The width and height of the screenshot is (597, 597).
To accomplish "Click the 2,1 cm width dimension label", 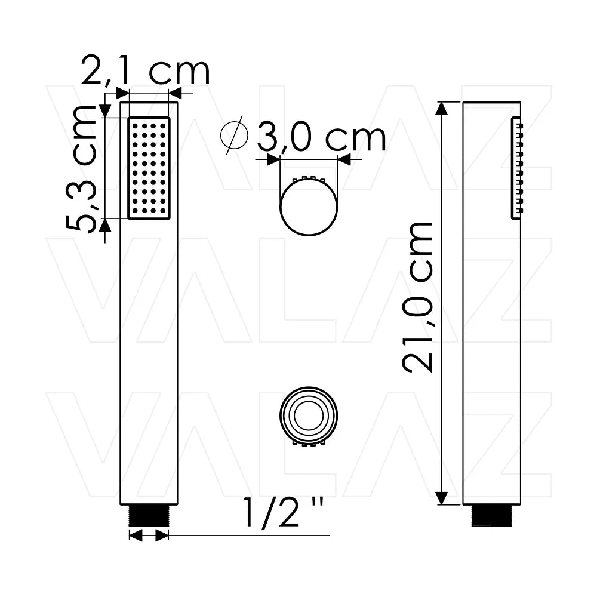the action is click(x=146, y=71).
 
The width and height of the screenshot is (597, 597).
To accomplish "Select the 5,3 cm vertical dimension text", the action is click(x=82, y=169).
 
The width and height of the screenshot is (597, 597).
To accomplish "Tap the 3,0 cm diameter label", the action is click(x=321, y=136).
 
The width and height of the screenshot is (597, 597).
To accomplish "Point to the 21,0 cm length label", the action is click(x=418, y=297).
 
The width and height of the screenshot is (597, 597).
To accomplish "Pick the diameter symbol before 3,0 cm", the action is click(x=234, y=135).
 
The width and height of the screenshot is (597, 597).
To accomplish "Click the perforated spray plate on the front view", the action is click(x=149, y=168).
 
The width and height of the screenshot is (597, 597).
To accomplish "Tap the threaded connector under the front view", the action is click(x=149, y=516).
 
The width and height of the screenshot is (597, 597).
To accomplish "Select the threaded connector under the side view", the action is click(x=491, y=516).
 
